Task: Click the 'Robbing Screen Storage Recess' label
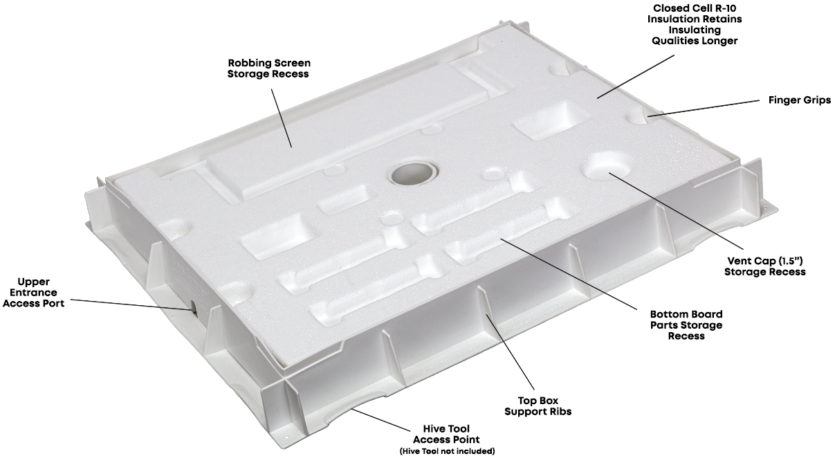coord(268,69)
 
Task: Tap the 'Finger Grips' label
coord(800,100)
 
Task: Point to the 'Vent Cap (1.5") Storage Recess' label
coord(764,266)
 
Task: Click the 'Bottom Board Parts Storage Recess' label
coord(686,325)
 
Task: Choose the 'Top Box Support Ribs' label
coord(538,406)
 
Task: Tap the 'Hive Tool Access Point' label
coord(446,434)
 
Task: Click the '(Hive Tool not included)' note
coord(447,451)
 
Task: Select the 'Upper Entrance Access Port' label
coord(33,292)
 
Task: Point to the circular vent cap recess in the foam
coord(607,166)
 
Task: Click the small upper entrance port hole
coord(194,307)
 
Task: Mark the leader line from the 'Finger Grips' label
coord(704,108)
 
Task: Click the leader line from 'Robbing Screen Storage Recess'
coord(282,118)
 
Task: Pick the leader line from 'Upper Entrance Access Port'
coord(132,304)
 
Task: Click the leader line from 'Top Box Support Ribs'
coord(510,352)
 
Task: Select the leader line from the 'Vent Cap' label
coord(676,212)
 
